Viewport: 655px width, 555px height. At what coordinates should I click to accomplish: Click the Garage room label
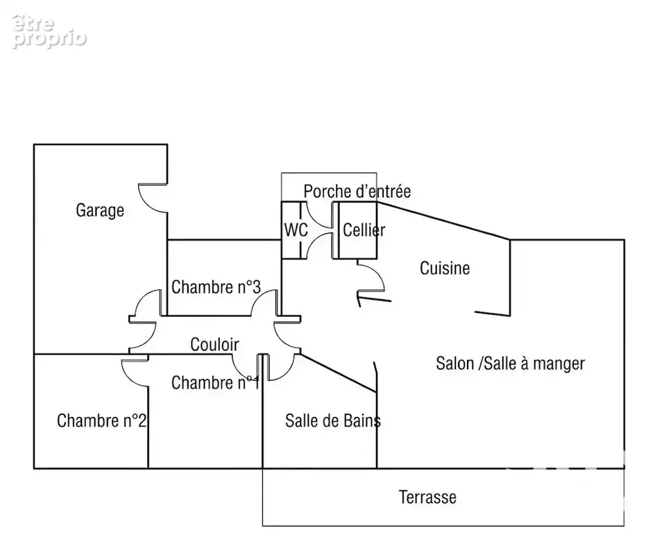100,210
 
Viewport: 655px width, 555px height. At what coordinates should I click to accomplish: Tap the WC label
296,230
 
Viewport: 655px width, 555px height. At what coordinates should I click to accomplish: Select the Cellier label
364,230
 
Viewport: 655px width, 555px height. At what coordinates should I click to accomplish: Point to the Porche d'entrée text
357,191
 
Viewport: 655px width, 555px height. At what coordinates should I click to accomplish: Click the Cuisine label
445,268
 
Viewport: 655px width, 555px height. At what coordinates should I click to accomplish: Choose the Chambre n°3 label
216,287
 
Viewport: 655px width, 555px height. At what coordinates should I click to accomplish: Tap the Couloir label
214,345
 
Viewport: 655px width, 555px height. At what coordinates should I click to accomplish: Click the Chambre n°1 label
216,382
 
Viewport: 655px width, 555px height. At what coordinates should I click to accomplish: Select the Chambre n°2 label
101,420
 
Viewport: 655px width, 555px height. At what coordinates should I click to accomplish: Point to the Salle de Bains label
333,420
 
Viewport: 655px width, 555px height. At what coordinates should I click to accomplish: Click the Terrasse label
427,497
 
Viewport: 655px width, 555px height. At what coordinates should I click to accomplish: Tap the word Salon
455,364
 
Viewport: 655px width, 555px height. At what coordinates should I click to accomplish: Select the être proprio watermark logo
49,31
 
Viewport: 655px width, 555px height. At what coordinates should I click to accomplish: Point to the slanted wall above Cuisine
443,221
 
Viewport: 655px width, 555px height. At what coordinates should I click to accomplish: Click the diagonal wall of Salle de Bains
339,373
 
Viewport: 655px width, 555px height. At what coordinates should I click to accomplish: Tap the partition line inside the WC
300,230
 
